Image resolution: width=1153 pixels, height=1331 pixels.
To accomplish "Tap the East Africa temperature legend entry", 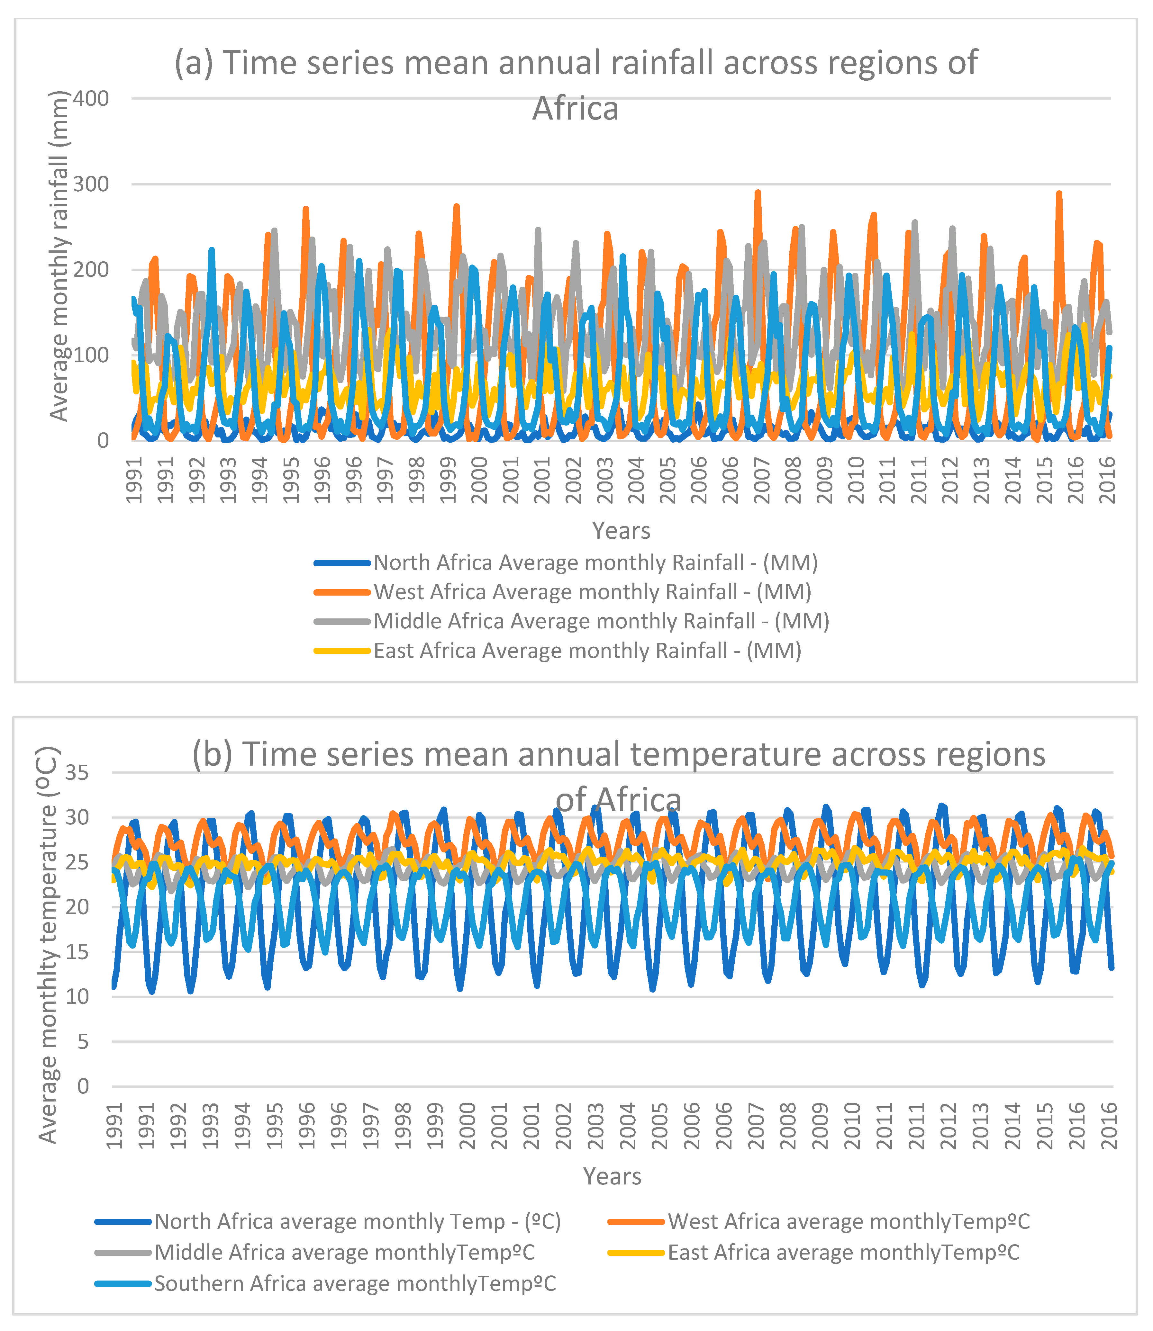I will pos(843,1253).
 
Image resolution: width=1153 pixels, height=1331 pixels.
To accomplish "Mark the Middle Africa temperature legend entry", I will pos(344,1253).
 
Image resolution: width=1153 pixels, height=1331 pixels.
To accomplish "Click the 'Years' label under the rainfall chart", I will pos(621,531).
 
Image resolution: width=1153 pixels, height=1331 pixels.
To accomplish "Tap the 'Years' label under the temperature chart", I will pos(612,1177).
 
